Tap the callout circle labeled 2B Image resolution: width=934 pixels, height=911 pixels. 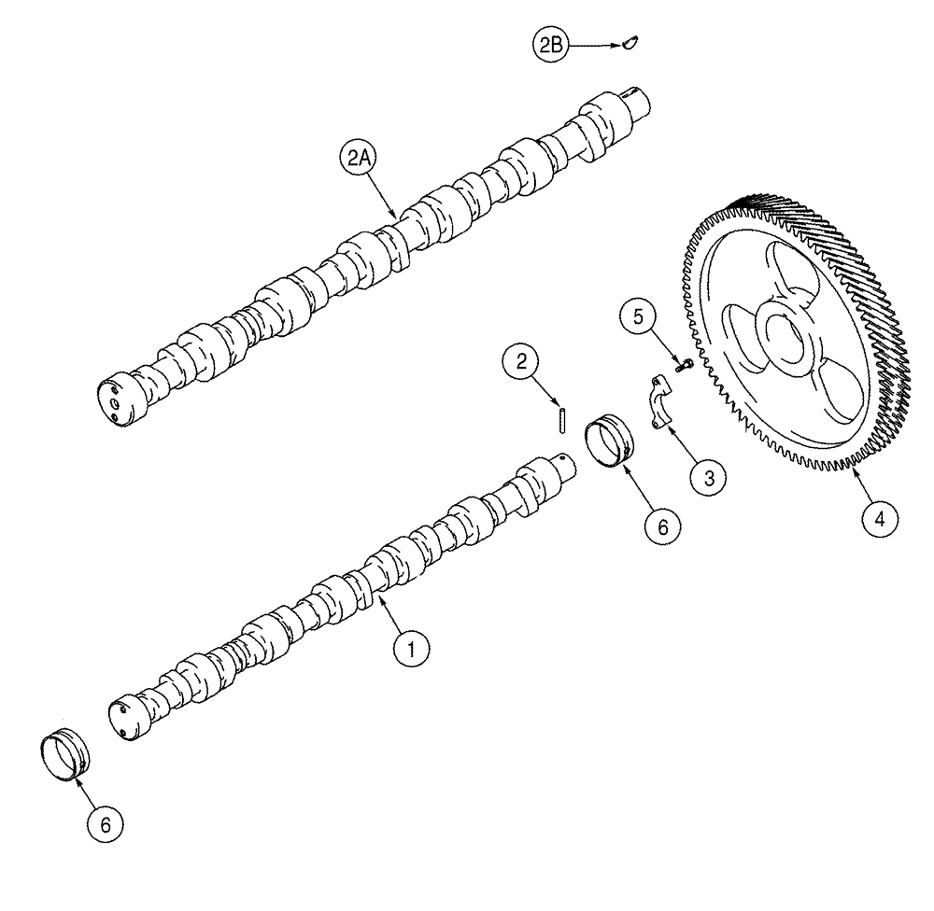549,44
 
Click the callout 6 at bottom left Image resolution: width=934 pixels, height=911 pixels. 106,823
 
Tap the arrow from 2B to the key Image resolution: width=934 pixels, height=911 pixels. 593,44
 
